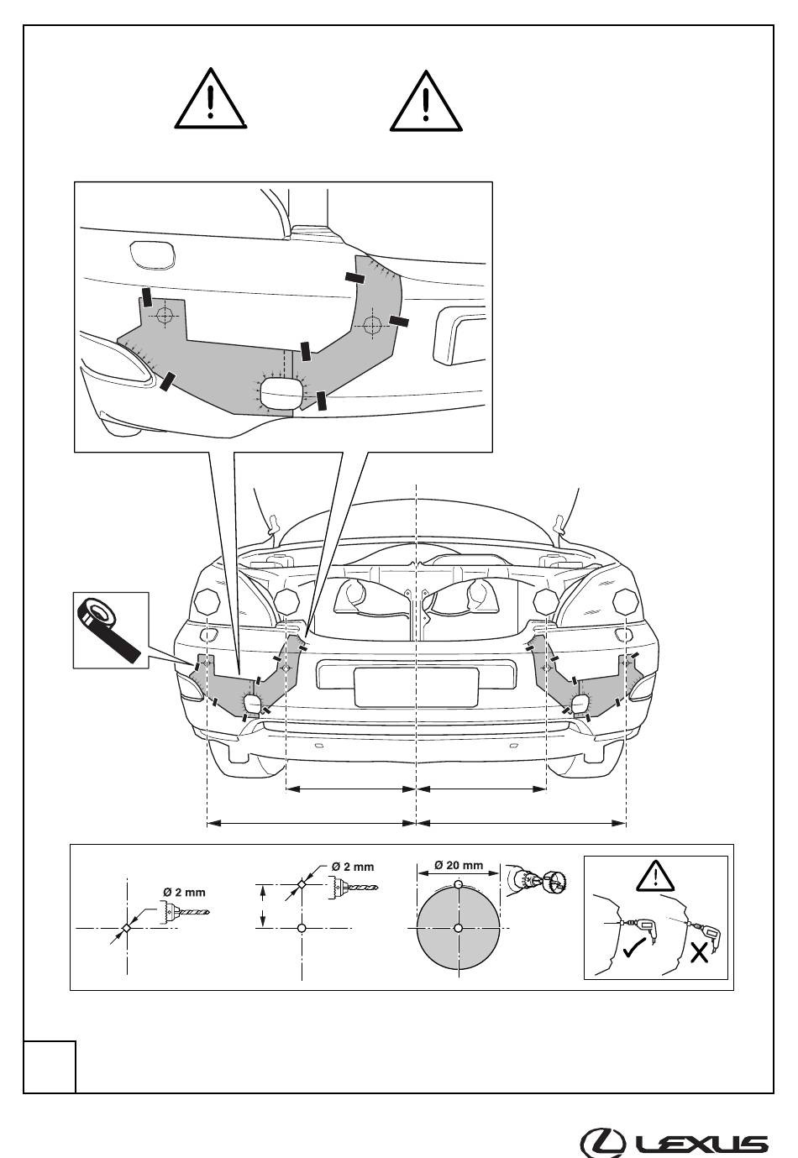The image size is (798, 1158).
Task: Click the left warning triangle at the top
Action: point(211,98)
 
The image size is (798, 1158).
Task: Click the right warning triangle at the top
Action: point(426,101)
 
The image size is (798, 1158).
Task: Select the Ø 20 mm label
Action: point(459,865)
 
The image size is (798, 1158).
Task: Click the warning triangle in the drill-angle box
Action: point(655,876)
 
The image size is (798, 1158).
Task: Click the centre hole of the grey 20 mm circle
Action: point(458,928)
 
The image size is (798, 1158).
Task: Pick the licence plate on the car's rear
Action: point(417,687)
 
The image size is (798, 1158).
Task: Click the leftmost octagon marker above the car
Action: point(207,602)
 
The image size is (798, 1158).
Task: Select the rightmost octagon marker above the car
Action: point(626,602)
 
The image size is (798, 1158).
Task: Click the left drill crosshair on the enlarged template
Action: point(165,314)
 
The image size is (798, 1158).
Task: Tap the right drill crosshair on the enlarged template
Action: point(372,325)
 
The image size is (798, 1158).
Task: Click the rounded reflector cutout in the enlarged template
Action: point(281,393)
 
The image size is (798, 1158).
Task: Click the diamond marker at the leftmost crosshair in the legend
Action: point(126,928)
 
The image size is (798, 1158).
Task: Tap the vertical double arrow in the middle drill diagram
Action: point(263,906)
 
